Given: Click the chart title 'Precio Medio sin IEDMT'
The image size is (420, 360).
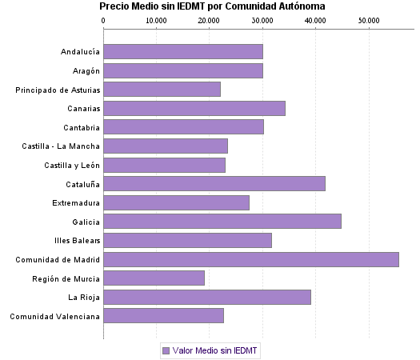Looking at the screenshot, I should (212, 6).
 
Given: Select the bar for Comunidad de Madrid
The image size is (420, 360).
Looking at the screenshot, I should (251, 259).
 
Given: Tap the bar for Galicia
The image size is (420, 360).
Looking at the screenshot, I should (222, 222).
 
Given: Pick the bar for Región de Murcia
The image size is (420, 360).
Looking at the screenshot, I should (154, 278).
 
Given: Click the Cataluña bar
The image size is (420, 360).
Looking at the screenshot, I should (214, 184).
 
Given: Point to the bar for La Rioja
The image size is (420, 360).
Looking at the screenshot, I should (207, 297).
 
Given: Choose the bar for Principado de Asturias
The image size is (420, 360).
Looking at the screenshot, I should (162, 89).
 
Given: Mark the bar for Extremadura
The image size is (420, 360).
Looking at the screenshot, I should (177, 202).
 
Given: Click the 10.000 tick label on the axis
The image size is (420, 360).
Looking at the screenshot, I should (157, 20).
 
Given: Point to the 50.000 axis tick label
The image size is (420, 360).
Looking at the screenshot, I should (369, 20).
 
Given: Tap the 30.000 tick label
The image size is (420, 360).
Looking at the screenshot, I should (262, 20).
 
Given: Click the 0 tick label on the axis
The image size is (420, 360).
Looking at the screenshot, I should (104, 20).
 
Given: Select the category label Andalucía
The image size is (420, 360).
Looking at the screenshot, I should (80, 52).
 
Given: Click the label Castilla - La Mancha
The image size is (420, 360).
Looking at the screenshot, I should (61, 146).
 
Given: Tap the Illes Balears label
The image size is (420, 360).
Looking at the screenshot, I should (76, 241).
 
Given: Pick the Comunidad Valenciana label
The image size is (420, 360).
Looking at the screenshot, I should (55, 317).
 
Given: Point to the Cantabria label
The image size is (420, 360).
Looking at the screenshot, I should (82, 127).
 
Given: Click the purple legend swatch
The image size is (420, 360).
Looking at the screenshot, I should (166, 350).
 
